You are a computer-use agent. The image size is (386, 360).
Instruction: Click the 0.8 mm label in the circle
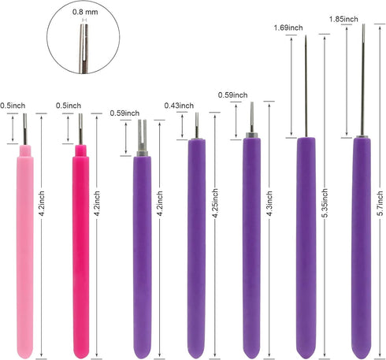85,12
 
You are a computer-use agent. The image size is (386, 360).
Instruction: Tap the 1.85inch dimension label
343,19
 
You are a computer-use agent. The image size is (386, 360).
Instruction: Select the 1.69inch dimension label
288,28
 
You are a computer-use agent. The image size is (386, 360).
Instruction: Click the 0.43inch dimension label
179,106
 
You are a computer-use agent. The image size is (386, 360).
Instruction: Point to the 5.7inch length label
380,203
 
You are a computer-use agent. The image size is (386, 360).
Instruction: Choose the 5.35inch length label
325,202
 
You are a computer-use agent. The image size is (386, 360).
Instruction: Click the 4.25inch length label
215,203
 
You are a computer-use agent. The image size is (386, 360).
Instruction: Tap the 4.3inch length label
269,203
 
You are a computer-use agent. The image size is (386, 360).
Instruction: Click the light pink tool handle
25,252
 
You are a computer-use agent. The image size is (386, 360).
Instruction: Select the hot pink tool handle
80,252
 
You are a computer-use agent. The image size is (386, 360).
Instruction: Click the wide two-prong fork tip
142,136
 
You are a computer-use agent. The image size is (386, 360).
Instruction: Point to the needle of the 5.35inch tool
306,87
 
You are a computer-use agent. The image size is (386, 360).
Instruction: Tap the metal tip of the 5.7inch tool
363,80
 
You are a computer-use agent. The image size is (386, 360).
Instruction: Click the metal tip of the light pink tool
25,129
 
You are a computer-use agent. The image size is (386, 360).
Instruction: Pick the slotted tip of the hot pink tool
80,129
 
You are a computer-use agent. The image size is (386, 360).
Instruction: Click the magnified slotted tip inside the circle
84,49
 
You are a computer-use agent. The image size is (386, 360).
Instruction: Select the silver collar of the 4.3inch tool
251,135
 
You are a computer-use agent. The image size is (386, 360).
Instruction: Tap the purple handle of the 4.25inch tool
197,249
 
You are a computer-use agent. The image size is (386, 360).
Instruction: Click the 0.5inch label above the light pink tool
13,106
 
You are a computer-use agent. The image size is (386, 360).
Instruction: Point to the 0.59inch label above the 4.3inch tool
233,95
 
